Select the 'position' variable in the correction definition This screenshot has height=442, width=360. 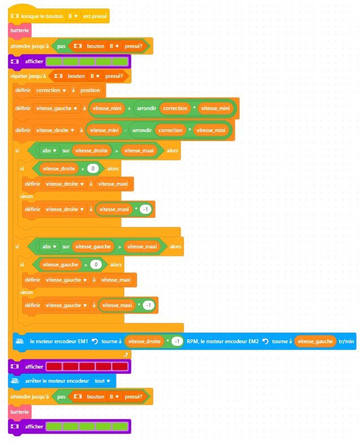click(90, 90)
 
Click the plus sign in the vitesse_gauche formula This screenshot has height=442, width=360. click(129, 108)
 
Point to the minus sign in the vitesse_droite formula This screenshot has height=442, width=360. click(124, 130)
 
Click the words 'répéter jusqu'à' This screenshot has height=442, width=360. click(27, 76)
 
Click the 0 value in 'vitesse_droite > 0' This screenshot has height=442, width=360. click(93, 169)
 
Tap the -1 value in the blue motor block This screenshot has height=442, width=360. click(177, 342)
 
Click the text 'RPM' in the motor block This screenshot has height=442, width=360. click(194, 342)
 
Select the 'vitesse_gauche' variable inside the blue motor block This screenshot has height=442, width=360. click(314, 342)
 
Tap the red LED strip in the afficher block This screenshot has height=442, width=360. click(87, 366)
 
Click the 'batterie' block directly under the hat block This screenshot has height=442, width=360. click(20, 30)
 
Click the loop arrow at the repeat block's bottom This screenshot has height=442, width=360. click(125, 354)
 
